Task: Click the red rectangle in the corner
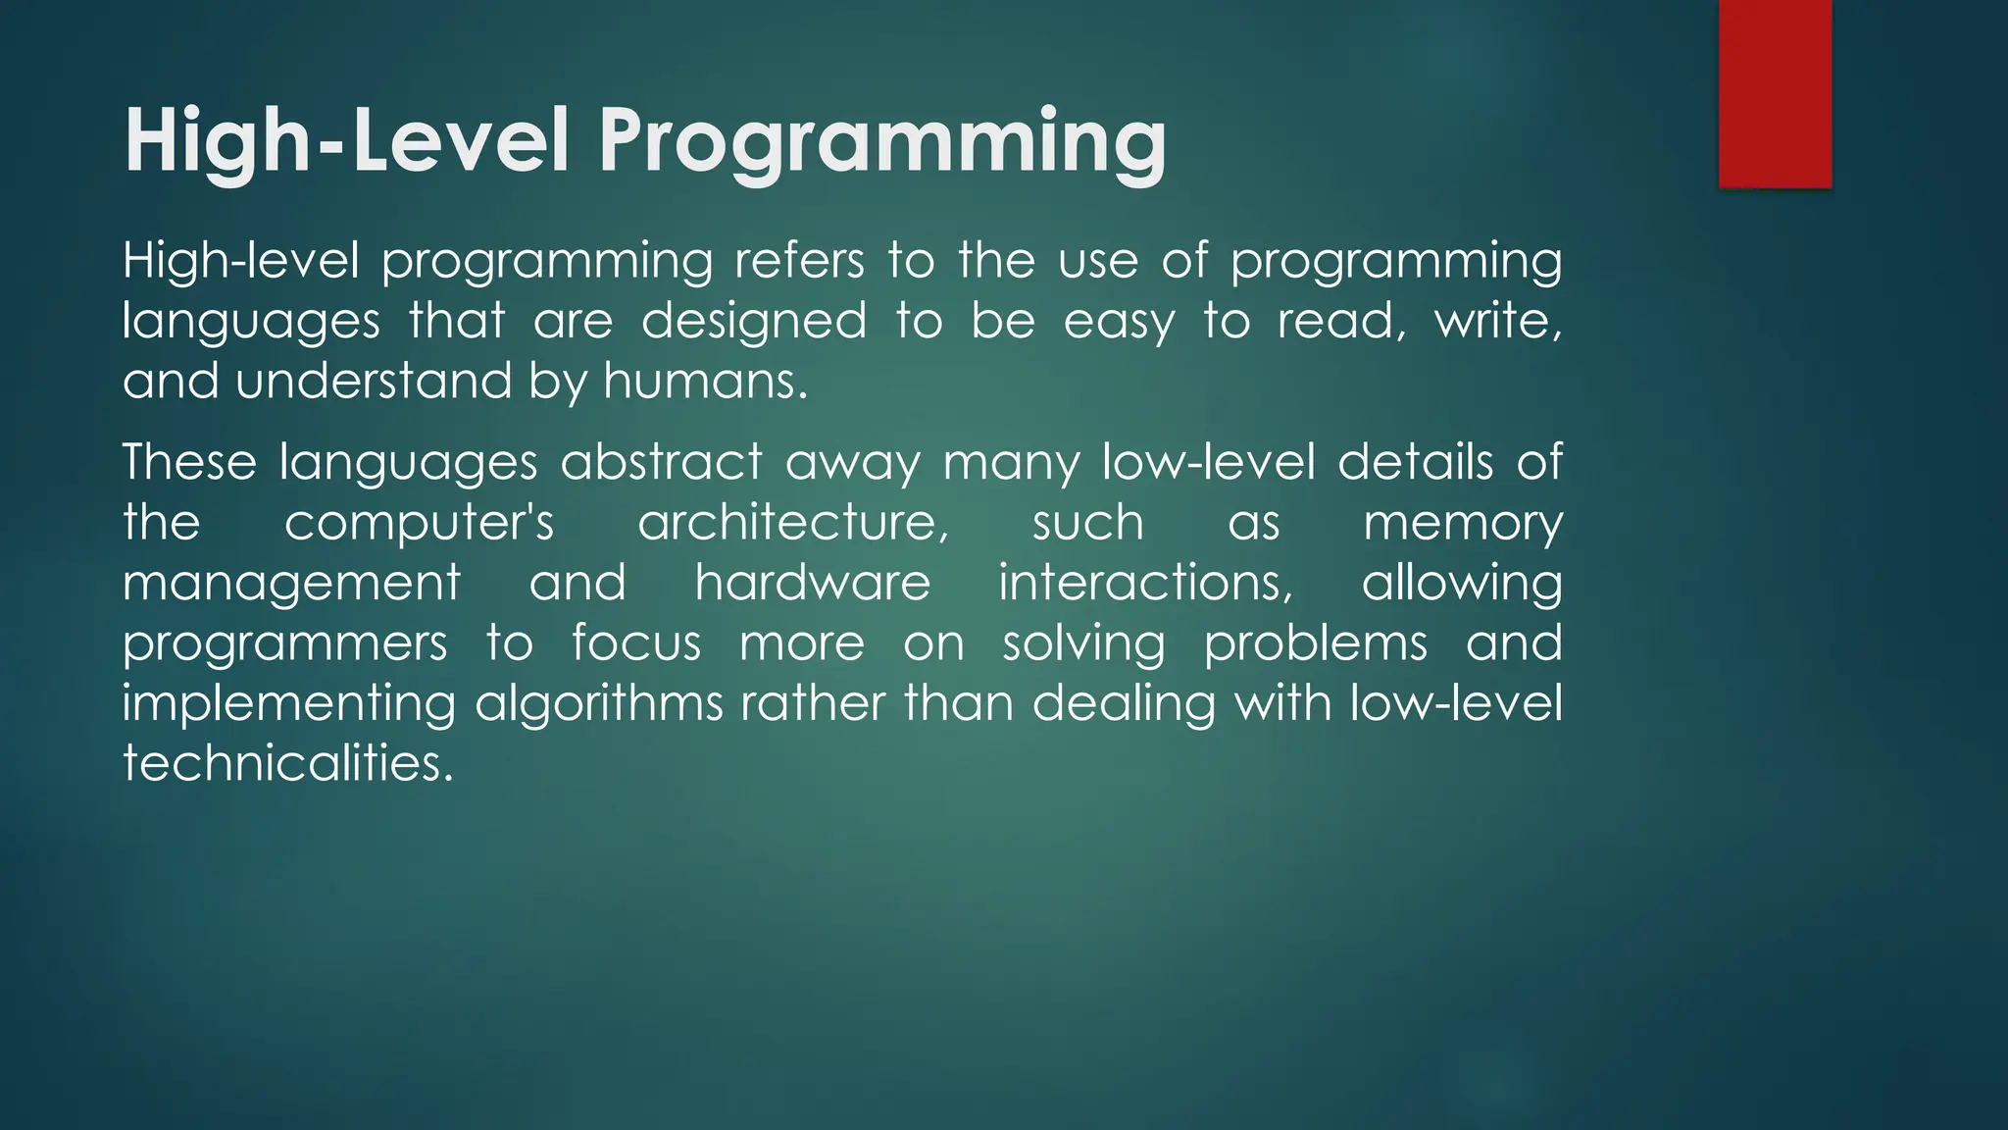point(1775,93)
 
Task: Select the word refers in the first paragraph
point(799,262)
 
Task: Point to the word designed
point(754,322)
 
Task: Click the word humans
point(705,382)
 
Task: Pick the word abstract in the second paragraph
point(661,462)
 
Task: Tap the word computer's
point(419,523)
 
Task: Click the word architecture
point(793,523)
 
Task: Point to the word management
point(291,585)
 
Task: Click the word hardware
point(813,583)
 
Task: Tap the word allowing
point(1462,585)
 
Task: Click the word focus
point(636,643)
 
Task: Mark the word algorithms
point(599,705)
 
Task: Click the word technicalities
point(288,763)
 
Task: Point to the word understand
point(374,382)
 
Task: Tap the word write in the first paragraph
point(1497,322)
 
